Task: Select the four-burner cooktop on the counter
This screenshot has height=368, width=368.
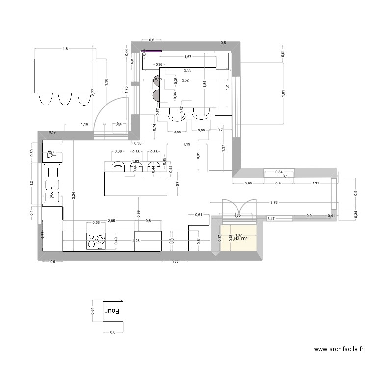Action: pyautogui.click(x=96, y=241)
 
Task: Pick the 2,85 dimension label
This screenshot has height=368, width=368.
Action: pyautogui.click(x=112, y=221)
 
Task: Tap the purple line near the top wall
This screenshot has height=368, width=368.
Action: pyautogui.click(x=152, y=50)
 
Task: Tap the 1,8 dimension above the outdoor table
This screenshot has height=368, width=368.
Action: pyautogui.click(x=65, y=48)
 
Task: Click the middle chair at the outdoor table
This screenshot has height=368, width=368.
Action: pyautogui.click(x=65, y=99)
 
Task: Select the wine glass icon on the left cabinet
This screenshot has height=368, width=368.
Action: pyautogui.click(x=52, y=154)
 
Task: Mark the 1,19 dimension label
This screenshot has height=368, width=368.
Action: pyautogui.click(x=186, y=144)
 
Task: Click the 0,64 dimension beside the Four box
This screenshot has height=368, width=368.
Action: pyautogui.click(x=92, y=311)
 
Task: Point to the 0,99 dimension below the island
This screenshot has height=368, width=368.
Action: pyautogui.click(x=139, y=213)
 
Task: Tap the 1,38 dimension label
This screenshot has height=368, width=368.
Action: pyautogui.click(x=106, y=82)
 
